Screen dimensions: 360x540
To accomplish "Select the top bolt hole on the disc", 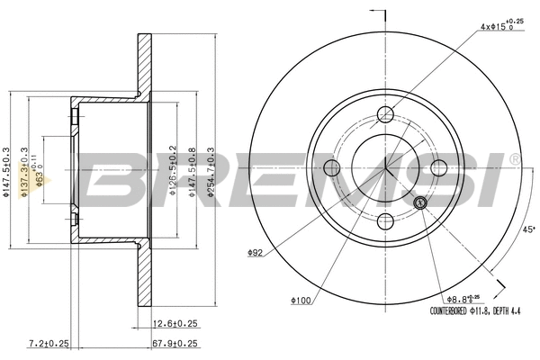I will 385,114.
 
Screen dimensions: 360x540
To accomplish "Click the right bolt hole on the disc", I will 439,167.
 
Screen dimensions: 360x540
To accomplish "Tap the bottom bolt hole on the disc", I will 385,221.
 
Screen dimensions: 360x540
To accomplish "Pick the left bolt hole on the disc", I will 331,167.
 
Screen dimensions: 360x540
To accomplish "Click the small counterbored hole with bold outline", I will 420,202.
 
